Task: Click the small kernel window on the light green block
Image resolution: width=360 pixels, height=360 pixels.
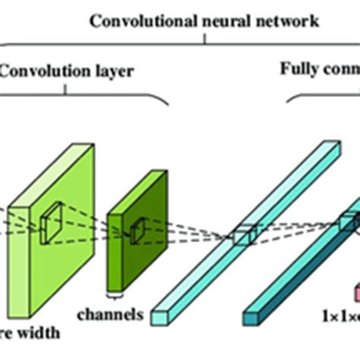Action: pos(53,219)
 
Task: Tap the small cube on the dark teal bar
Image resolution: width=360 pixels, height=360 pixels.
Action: pos(347,221)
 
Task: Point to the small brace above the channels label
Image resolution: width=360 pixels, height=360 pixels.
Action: pos(114,295)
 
